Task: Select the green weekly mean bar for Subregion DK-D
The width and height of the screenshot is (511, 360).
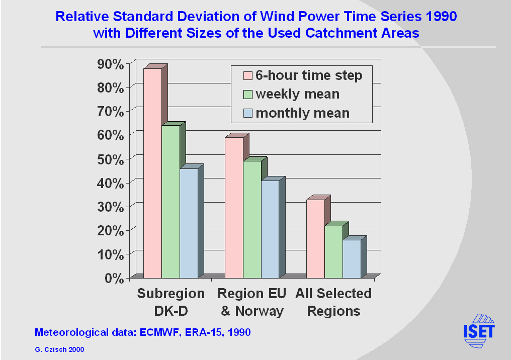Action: point(171,201)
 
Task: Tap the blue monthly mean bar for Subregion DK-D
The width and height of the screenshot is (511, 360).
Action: point(189,223)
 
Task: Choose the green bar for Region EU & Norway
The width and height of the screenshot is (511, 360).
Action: point(252,219)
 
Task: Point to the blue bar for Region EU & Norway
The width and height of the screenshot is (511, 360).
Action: point(270,229)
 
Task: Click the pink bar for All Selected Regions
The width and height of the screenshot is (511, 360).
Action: point(315,238)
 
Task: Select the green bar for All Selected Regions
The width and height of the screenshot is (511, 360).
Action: point(333,251)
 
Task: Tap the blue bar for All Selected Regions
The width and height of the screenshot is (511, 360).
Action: point(352,258)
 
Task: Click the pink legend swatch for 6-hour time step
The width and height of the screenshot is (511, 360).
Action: point(247,76)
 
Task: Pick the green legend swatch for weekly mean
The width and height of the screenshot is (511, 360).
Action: point(247,94)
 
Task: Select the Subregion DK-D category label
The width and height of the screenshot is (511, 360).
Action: point(171,302)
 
